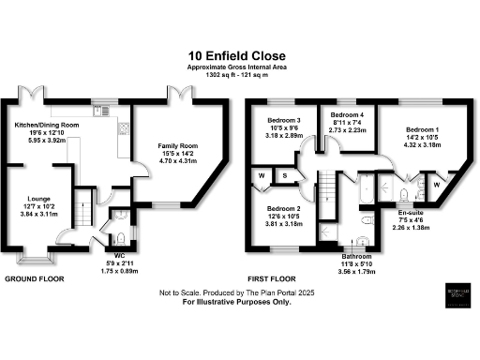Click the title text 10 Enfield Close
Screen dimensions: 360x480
point(239,55)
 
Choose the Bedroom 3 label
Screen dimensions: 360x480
point(285,121)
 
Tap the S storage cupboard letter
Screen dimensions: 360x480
point(284,174)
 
